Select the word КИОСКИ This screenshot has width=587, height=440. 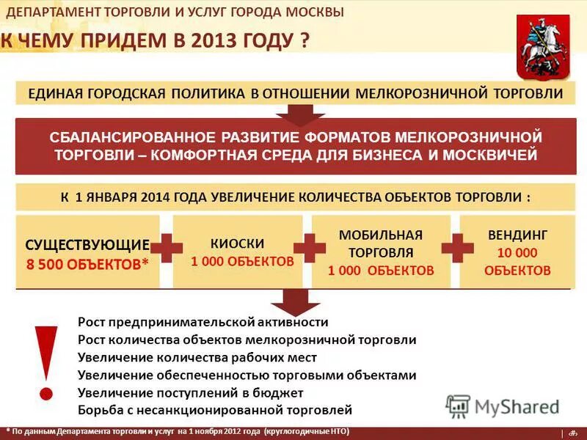237,243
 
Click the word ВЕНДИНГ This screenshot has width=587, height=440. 517,236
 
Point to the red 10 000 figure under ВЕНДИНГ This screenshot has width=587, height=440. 517,253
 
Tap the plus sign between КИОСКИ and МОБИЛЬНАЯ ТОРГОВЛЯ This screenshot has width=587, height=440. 308,248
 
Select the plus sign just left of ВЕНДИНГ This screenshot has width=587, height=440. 457,248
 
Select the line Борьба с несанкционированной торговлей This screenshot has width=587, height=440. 215,410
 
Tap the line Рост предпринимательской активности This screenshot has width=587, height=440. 203,322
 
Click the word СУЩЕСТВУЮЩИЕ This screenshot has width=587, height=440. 87,244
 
